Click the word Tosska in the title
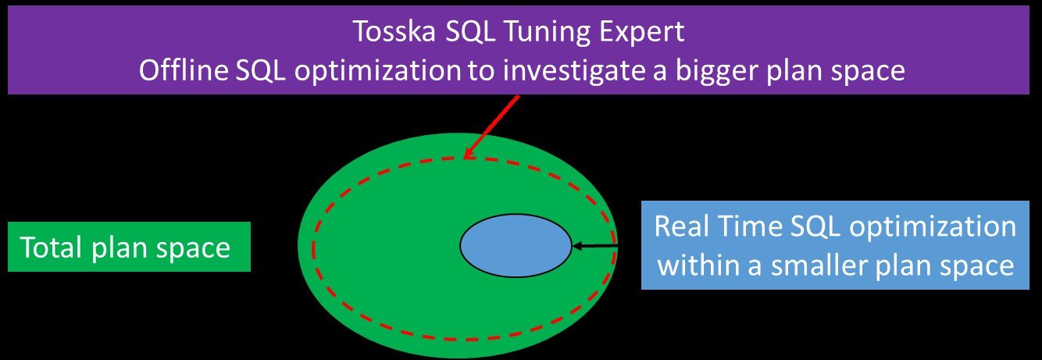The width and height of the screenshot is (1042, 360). (395, 30)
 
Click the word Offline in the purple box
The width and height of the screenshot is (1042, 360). (184, 70)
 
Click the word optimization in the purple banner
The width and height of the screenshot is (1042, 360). (377, 72)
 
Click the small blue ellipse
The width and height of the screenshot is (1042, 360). (516, 245)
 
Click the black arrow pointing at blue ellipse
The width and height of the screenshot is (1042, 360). (594, 245)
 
